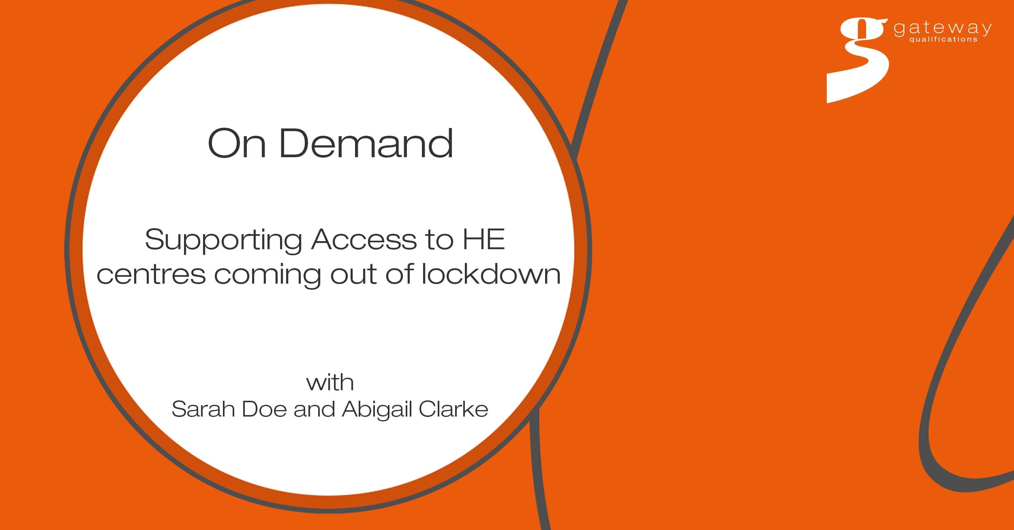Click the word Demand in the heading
click(366, 143)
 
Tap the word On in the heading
click(237, 143)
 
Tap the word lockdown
click(491, 274)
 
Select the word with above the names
click(330, 383)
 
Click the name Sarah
click(203, 409)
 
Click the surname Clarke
click(454, 409)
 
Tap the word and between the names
click(314, 409)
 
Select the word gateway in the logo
click(943, 28)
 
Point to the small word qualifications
click(943, 39)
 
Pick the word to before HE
click(439, 240)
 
